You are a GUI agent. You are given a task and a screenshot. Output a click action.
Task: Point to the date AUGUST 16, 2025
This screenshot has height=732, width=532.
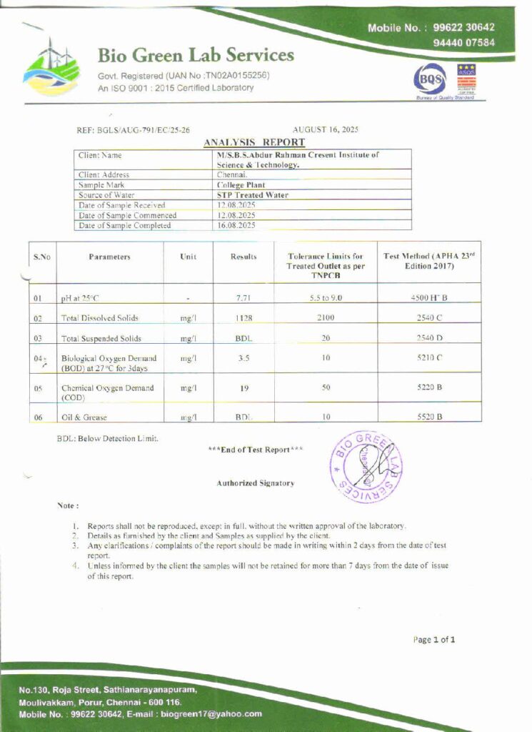click(326, 130)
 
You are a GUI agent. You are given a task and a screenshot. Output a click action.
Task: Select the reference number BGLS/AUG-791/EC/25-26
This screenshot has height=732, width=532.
click(133, 130)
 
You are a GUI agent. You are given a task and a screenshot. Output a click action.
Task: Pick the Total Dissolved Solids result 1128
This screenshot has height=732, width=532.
click(244, 317)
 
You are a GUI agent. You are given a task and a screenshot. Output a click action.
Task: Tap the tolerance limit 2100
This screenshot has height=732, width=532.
click(326, 317)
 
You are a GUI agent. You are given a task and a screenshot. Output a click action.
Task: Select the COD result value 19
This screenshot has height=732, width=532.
click(244, 388)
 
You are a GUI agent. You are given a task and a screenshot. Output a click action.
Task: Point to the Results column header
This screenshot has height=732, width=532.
click(244, 257)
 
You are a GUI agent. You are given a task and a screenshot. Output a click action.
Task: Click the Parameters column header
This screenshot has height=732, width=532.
click(110, 257)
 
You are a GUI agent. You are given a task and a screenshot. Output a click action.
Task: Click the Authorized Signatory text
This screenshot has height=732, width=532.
click(255, 483)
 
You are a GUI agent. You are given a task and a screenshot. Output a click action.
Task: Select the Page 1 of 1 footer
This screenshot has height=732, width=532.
click(433, 640)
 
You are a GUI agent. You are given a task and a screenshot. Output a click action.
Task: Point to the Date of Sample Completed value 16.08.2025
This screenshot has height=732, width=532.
click(236, 225)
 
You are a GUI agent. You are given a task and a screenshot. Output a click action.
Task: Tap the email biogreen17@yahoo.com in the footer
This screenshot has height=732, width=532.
click(211, 713)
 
